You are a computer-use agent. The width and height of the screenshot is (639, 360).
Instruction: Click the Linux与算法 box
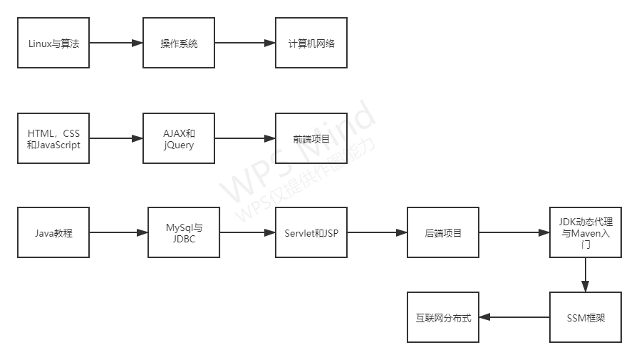pos(53,43)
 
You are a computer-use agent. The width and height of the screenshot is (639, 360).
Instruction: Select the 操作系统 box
pos(179,43)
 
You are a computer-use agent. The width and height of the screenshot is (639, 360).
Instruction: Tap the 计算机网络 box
pos(311,43)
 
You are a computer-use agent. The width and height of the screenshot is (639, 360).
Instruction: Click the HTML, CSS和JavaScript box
pos(53,138)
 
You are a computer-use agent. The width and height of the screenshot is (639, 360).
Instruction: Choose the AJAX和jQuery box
pos(179,138)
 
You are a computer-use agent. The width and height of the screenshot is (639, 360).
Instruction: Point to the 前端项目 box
pos(311,138)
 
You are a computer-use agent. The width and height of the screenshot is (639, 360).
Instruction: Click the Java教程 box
pos(53,232)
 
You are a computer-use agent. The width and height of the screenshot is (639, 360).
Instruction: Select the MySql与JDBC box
pos(184,232)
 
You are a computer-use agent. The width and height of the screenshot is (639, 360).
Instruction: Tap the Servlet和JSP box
pos(311,232)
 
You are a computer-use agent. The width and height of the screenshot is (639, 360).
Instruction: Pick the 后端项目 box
pos(442,232)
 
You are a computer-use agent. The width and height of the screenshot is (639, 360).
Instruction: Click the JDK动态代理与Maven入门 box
pos(585,232)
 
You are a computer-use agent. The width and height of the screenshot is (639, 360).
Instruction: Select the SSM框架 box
pos(585,317)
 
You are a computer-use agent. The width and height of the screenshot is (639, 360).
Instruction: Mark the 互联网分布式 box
pos(443,317)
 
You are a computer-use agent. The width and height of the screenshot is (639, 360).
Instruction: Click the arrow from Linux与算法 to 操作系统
pos(116,43)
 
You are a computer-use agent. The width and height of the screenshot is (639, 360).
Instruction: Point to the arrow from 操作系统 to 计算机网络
pos(245,43)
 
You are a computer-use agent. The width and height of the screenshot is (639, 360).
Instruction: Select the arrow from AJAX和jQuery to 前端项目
pos(245,138)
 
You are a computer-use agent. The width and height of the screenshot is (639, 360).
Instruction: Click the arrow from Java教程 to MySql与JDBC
pos(118,232)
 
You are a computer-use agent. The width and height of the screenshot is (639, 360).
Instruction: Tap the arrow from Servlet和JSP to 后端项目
pos(377,232)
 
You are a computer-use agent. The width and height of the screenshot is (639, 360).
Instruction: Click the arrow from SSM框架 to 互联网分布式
pos(514,317)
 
